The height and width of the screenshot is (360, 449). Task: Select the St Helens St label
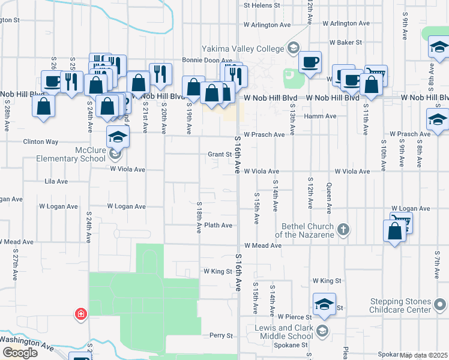pyautogui.click(x=262, y=5)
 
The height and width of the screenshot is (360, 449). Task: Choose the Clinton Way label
pyautogui.click(x=41, y=142)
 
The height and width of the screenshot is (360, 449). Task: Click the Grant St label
pyautogui.click(x=220, y=154)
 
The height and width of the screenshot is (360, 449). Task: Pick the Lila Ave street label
pyautogui.click(x=58, y=180)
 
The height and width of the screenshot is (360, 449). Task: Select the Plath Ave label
pyautogui.click(x=218, y=226)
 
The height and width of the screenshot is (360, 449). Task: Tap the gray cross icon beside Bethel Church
pyautogui.click(x=343, y=229)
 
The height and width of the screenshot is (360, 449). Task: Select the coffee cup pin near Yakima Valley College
pyautogui.click(x=310, y=63)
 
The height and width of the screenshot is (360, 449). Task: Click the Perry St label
pyautogui.click(x=220, y=335)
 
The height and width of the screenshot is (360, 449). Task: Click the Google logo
pyautogui.click(x=20, y=353)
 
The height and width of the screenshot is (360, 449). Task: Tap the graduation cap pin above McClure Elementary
pyautogui.click(x=118, y=137)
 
